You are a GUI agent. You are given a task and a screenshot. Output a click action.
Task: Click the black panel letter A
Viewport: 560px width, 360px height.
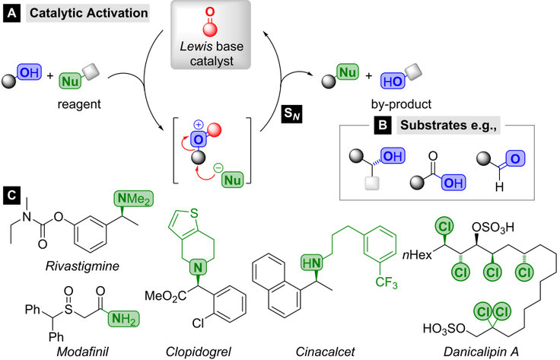coord(11,14)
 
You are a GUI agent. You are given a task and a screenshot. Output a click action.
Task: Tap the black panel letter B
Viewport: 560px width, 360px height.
coord(382,126)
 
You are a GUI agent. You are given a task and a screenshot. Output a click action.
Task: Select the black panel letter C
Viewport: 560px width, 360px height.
coord(11,196)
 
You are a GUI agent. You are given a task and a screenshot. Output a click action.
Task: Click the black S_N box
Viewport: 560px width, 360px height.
coord(291,113)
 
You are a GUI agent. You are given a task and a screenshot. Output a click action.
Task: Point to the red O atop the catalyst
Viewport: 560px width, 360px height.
coord(210,11)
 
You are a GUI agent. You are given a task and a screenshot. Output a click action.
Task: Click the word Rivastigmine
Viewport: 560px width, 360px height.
coord(82,266)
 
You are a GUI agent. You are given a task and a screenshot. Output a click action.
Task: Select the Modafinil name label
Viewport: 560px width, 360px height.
coord(83,352)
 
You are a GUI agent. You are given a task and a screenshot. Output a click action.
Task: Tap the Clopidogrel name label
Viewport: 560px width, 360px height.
coord(199,352)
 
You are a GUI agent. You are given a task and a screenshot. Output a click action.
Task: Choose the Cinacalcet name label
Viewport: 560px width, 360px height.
coord(326,352)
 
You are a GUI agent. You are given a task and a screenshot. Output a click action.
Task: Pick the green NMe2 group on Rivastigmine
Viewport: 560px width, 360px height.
coord(134,199)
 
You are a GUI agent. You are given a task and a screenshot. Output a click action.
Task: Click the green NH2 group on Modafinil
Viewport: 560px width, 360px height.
coord(123,319)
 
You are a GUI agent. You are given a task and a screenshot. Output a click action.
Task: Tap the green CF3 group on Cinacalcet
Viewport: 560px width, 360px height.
coord(387,283)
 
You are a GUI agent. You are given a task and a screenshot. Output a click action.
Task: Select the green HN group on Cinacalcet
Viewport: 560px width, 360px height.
coord(312,263)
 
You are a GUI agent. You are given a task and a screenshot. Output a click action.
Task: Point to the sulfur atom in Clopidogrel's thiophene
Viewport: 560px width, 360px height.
coord(194,213)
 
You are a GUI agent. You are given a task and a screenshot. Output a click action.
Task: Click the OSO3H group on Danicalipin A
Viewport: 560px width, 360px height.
coord(493,227)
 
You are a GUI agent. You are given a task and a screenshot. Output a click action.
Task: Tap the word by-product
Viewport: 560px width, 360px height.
coord(401,104)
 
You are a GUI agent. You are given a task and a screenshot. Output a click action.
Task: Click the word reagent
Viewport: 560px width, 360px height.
coord(79,104)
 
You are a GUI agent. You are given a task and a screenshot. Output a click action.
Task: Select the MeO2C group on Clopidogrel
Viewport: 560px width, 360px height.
coord(165,296)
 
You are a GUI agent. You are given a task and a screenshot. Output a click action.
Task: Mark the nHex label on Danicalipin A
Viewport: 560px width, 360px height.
coord(417,255)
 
